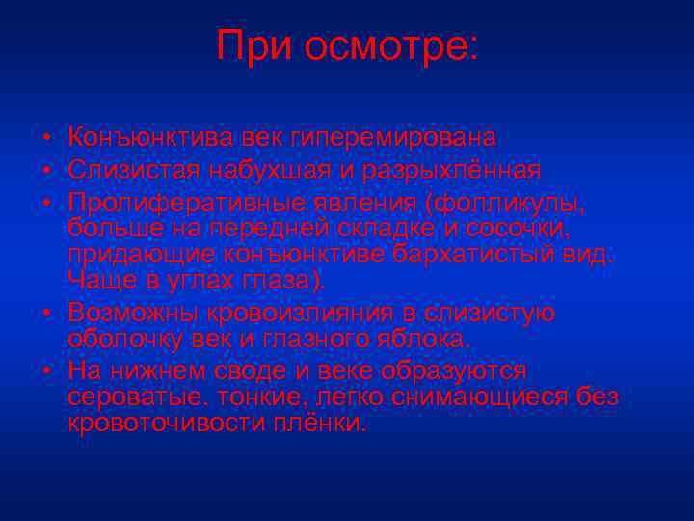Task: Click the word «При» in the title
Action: click(x=254, y=45)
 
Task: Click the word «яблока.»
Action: click(x=420, y=339)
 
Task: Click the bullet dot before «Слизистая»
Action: click(x=45, y=172)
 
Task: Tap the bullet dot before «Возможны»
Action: click(x=45, y=315)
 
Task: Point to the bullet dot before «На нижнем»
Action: click(x=45, y=372)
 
